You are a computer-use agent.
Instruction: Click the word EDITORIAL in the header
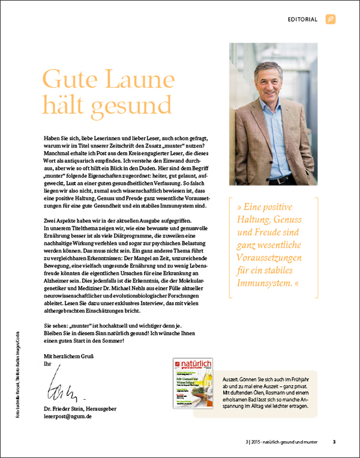tap(302, 19)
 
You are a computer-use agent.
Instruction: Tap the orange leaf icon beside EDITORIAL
tap(330, 19)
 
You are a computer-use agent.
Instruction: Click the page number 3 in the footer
tap(334, 443)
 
